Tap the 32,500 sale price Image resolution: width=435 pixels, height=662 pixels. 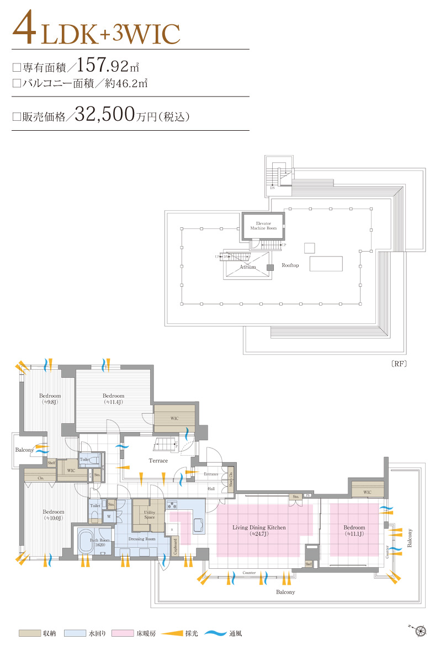pyautogui.click(x=105, y=114)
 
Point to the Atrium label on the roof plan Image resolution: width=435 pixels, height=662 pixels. pyautogui.click(x=248, y=267)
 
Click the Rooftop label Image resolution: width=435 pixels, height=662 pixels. pyautogui.click(x=290, y=265)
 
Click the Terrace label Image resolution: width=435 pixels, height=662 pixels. pyautogui.click(x=158, y=461)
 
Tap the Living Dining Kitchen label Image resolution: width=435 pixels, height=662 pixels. pyautogui.click(x=259, y=528)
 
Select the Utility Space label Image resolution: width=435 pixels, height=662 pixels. pyautogui.click(x=149, y=515)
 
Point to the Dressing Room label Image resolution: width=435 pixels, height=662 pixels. pyautogui.click(x=142, y=538)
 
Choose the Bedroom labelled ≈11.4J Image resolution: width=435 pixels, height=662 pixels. pyautogui.click(x=113, y=398)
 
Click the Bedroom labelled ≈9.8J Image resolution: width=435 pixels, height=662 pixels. pyautogui.click(x=50, y=398)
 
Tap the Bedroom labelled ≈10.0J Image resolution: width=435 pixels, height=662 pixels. pyautogui.click(x=54, y=515)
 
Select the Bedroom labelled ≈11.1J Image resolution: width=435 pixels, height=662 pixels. pyautogui.click(x=354, y=530)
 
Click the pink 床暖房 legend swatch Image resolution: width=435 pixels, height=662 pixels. pyautogui.click(x=123, y=633)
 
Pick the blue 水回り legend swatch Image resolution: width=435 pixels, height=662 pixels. pyautogui.click(x=75, y=633)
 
